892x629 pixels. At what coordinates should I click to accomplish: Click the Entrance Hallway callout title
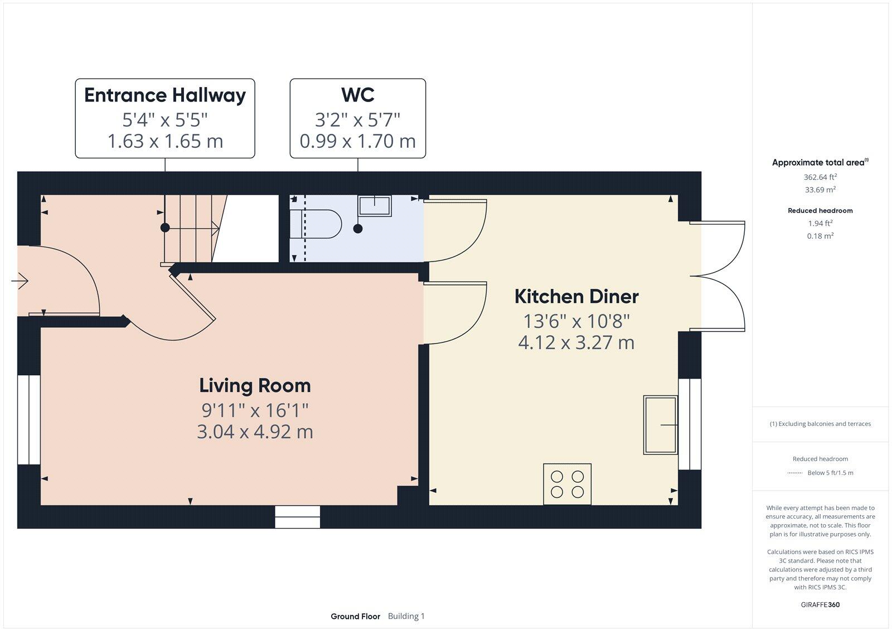(x=165, y=95)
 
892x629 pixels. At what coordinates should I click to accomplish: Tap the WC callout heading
(x=357, y=95)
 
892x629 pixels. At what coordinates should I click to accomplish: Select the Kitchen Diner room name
(x=576, y=297)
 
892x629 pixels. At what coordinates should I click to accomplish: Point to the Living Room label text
(x=255, y=386)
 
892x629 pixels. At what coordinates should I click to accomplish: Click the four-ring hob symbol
(x=567, y=484)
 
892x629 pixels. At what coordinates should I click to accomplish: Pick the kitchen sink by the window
(x=661, y=425)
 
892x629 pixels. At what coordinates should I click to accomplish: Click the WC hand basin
(x=375, y=206)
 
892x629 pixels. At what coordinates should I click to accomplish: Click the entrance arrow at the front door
(x=20, y=281)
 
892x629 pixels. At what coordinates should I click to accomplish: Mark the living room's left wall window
(x=28, y=420)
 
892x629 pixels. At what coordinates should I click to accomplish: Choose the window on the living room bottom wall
(x=298, y=517)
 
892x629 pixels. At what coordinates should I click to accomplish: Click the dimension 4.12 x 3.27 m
(x=576, y=342)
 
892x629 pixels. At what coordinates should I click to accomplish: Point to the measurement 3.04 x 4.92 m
(x=255, y=432)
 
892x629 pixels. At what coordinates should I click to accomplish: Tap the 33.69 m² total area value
(x=820, y=190)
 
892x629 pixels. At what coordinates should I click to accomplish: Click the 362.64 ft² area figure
(x=820, y=177)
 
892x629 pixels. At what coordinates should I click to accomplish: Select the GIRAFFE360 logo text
(x=820, y=604)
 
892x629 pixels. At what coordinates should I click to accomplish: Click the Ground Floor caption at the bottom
(x=355, y=616)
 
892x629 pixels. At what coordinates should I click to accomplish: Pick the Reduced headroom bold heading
(x=820, y=211)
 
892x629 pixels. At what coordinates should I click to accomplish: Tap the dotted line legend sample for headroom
(x=794, y=473)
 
